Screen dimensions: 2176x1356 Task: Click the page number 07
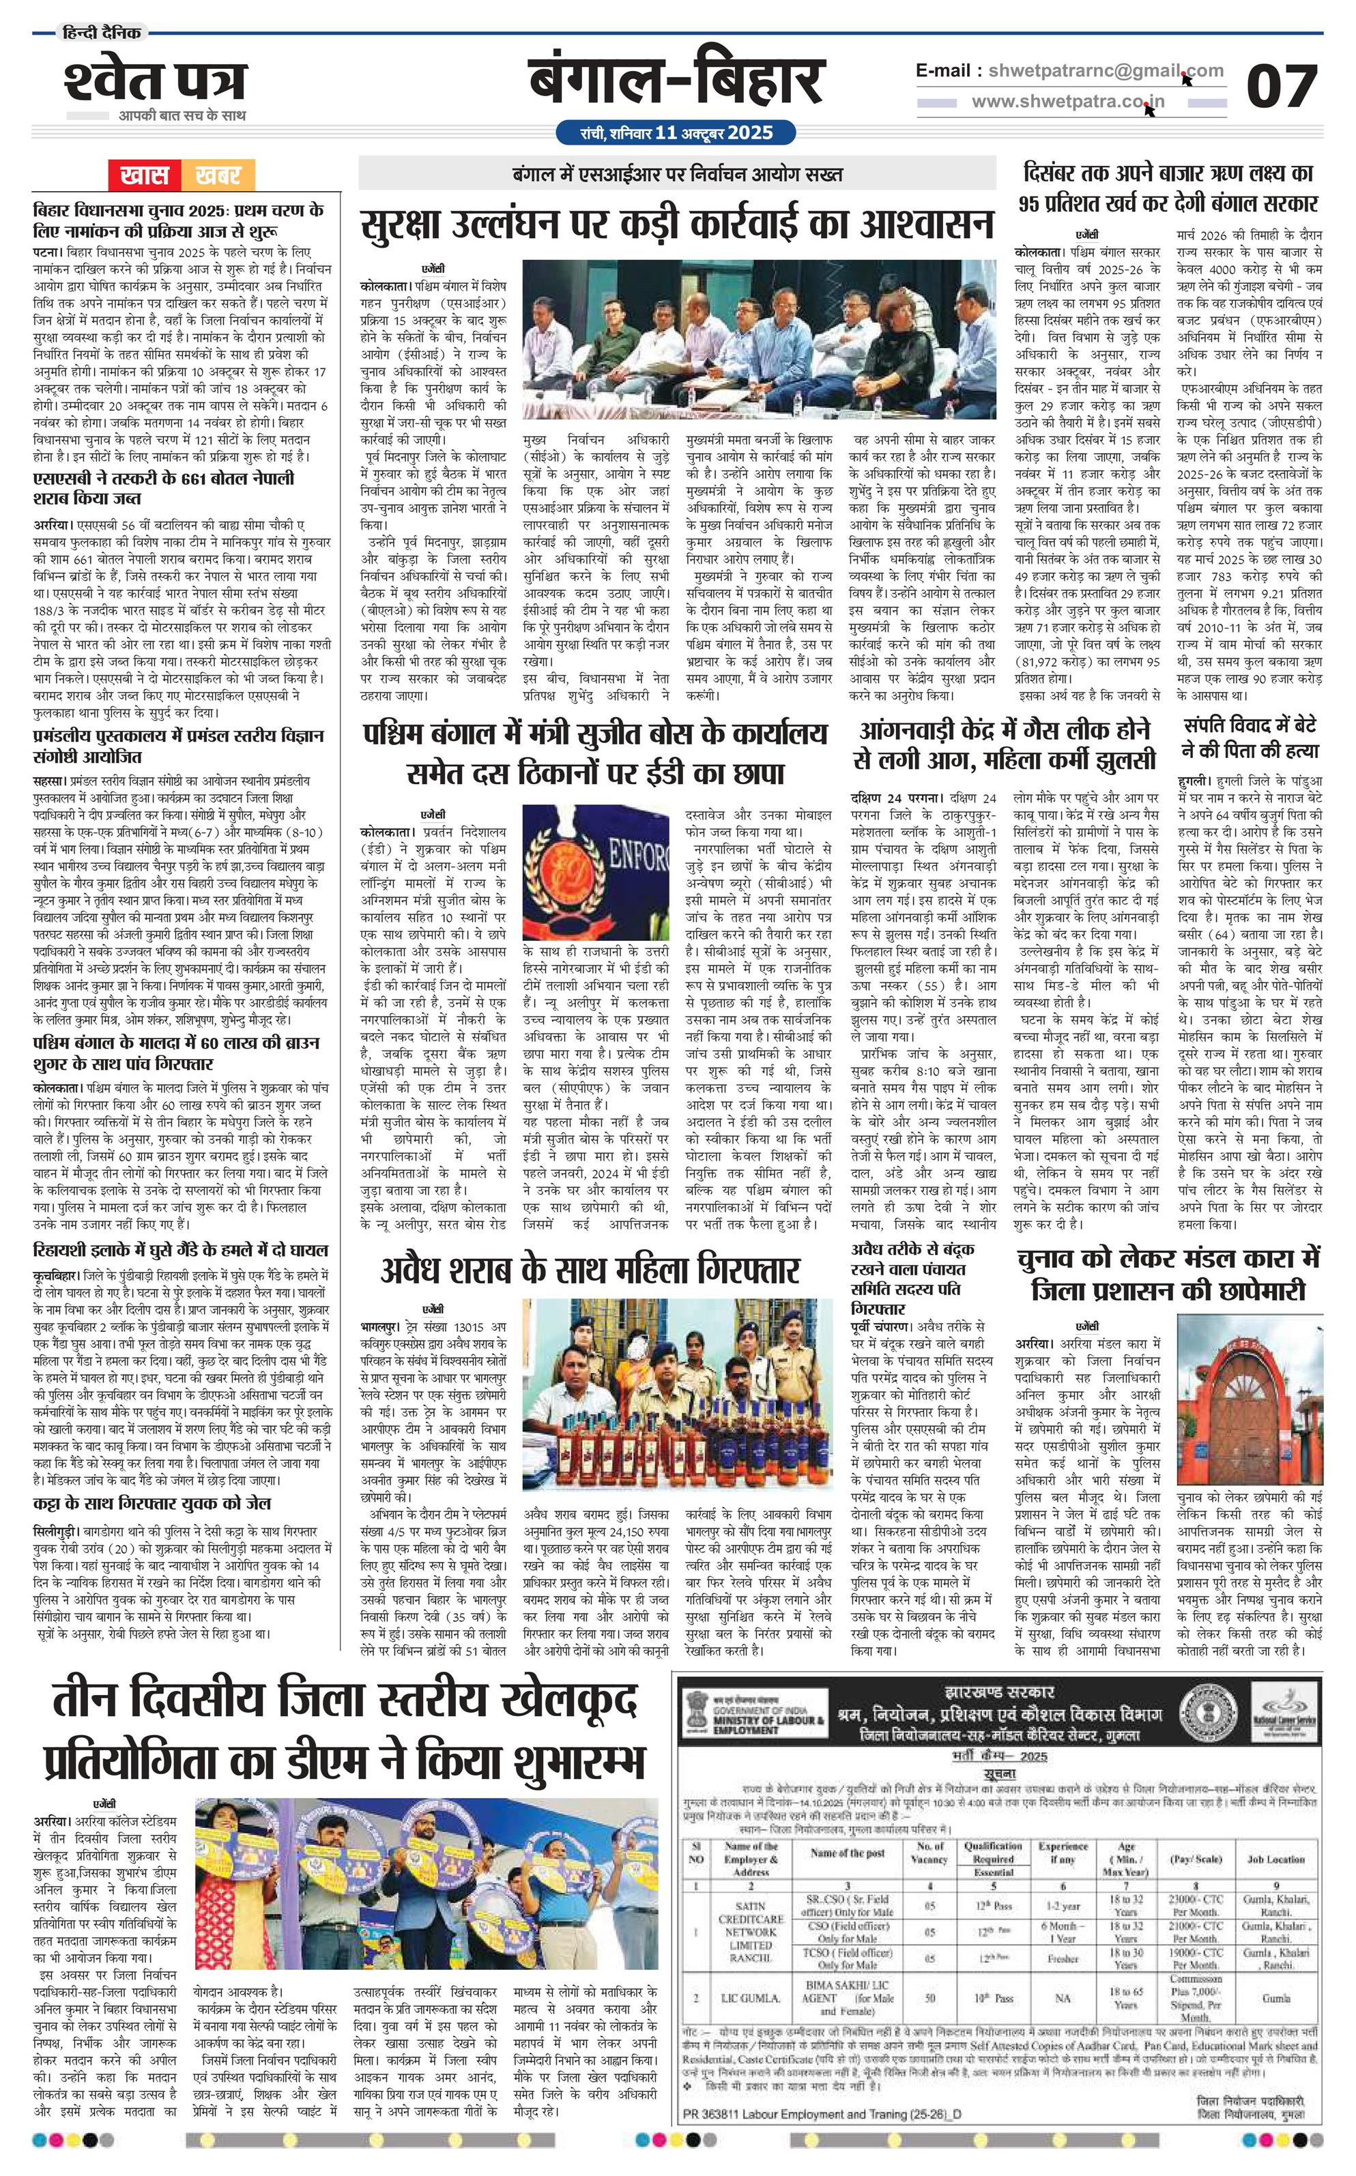(x=1282, y=87)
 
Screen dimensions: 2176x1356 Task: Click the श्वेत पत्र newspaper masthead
(x=154, y=82)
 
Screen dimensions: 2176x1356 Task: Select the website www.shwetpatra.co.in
(x=1067, y=101)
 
